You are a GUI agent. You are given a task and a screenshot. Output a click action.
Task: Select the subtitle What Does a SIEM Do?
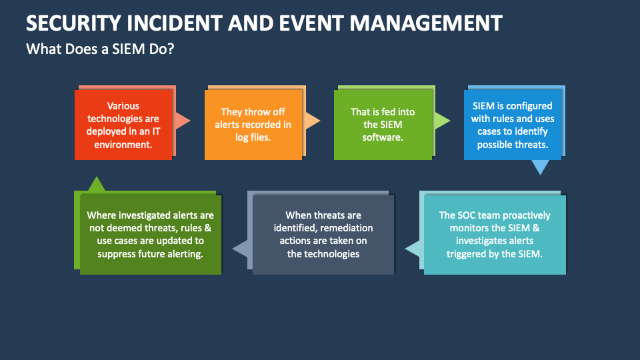[100, 49]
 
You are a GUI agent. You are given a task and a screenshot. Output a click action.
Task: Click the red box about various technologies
[123, 125]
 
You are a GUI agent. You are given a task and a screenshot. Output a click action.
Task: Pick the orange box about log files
[253, 125]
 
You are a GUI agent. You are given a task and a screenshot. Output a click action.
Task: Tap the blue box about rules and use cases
[512, 125]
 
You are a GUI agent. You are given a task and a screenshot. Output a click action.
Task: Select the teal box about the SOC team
[494, 234]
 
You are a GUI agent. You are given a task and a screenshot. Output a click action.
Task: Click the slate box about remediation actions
[323, 234]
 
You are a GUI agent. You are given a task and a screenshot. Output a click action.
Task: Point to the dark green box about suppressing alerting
[149, 234]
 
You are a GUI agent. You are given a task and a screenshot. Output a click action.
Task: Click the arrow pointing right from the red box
[181, 121]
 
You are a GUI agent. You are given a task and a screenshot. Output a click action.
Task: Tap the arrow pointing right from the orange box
[312, 121]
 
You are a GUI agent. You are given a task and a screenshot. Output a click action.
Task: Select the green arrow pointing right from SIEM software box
[441, 121]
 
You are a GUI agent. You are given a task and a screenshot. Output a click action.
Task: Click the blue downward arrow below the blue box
[540, 167]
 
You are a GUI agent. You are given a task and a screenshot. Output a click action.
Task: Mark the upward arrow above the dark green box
[97, 183]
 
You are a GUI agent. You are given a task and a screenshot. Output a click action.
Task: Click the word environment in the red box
[123, 143]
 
